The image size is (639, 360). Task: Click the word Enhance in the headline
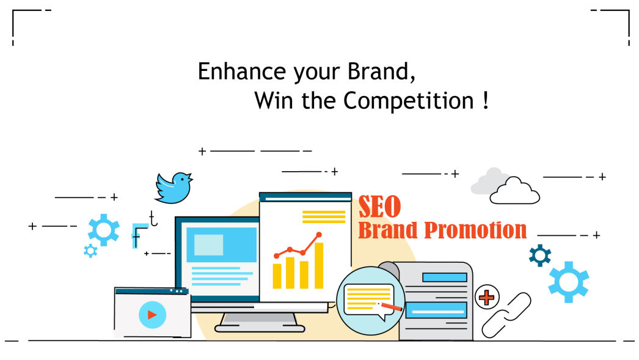[242, 72]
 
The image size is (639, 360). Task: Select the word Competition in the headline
[408, 101]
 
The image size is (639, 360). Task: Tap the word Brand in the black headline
[378, 72]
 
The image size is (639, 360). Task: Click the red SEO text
[379, 207]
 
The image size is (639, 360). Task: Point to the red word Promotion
[475, 230]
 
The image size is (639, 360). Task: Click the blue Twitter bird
[173, 188]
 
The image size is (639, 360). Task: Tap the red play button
[152, 315]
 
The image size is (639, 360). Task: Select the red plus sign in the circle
[487, 297]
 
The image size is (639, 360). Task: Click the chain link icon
[506, 315]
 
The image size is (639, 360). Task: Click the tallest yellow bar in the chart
[319, 265]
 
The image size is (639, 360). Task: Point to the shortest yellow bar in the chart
[277, 276]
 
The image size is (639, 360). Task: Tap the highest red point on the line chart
[319, 235]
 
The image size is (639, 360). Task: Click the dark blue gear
[540, 255]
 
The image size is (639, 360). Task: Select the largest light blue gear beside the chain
[569, 282]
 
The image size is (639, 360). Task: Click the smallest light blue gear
[90, 251]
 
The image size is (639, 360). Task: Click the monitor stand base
[260, 328]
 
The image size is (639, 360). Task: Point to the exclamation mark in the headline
[485, 100]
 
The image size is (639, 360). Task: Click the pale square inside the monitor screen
[209, 245]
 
